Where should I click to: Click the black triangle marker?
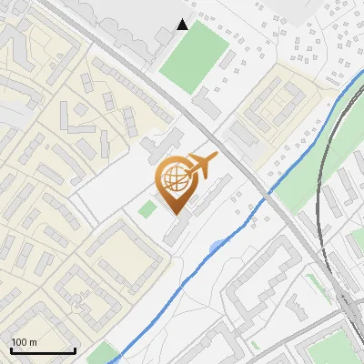tap(183, 25)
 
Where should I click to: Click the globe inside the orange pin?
tap(177, 179)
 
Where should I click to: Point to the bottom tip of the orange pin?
tap(177, 214)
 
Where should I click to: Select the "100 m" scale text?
tap(25, 342)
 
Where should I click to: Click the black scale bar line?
tap(42, 351)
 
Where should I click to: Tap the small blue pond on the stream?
tap(214, 246)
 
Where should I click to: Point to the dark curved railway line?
tap(320, 182)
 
